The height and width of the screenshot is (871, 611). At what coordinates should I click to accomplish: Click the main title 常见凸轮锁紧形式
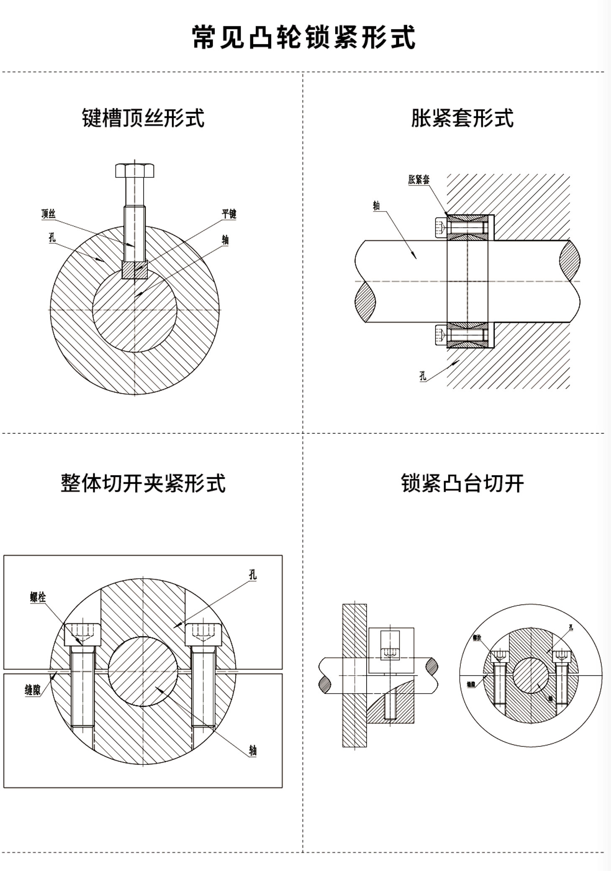tap(304, 37)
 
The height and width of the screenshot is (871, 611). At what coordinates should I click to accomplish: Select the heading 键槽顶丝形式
tap(143, 118)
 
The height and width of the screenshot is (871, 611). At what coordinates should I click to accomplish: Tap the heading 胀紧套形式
tap(462, 118)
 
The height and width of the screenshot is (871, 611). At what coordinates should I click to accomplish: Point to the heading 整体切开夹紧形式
tap(143, 483)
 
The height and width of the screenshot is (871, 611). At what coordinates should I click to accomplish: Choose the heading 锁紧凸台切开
tap(462, 483)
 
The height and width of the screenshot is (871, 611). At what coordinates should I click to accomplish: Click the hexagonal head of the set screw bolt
tap(135, 170)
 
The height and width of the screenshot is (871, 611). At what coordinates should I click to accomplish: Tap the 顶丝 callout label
tap(49, 214)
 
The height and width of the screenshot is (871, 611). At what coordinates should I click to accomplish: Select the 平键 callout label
tap(229, 214)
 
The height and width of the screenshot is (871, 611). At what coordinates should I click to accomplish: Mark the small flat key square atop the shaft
tap(135, 270)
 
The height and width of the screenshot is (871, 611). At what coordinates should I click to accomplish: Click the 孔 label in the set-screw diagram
tap(52, 238)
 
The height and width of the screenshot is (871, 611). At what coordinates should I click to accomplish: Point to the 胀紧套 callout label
tap(418, 180)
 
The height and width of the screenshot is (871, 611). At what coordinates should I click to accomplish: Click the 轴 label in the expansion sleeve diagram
tap(376, 206)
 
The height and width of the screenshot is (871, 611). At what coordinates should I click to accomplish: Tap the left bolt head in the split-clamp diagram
tap(82, 634)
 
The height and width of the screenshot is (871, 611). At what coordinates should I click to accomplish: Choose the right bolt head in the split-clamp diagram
tap(203, 634)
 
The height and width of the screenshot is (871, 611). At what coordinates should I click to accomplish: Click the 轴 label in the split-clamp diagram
tap(253, 750)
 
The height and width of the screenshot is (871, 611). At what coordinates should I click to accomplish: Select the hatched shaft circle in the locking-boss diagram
tap(531, 675)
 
